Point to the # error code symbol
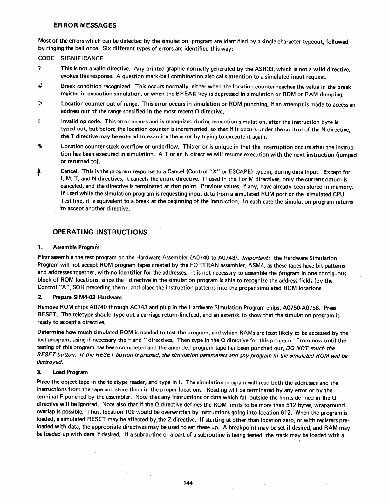coord(40,87)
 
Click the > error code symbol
coord(40,104)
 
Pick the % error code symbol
coord(40,146)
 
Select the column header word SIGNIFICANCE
coord(82,58)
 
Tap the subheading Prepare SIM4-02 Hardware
coord(87,297)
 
